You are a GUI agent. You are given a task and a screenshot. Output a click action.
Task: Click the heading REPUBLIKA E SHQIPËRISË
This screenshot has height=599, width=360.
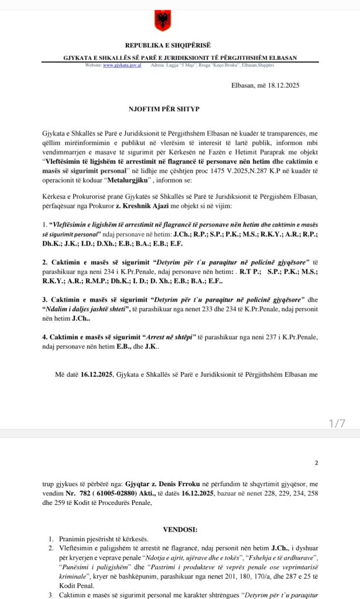point(167,45)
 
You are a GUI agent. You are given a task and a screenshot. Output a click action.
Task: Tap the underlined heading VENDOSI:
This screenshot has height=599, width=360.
point(180,529)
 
